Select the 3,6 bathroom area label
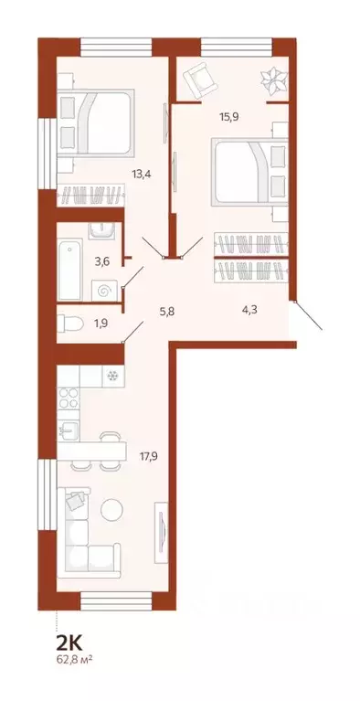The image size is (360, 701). click(103, 261)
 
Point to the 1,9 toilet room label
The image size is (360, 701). click(102, 322)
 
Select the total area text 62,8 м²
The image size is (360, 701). click(74, 658)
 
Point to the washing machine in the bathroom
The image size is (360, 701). click(106, 290)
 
